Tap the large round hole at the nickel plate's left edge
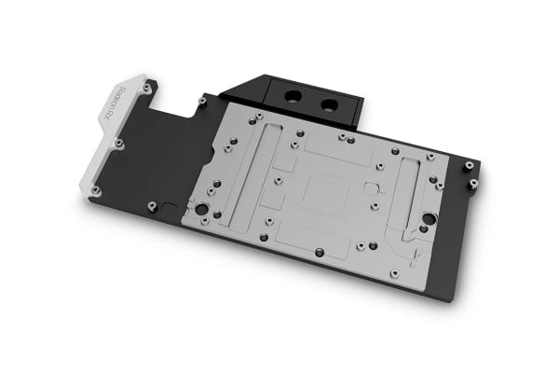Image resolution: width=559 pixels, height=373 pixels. (x=198, y=207)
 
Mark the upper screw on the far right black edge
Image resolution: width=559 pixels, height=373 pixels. (x=469, y=165)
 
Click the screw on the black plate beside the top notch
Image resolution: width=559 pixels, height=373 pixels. (x=201, y=99)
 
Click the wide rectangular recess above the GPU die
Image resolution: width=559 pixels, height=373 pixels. (x=332, y=149)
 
